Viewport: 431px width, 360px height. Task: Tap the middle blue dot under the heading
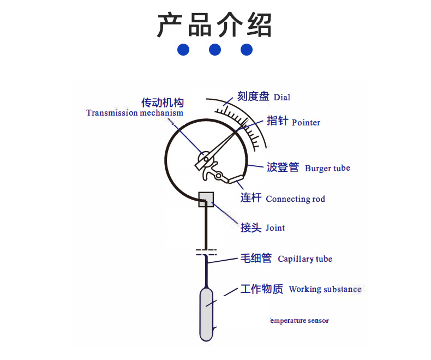click(215, 50)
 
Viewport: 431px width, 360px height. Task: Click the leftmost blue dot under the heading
click(183, 50)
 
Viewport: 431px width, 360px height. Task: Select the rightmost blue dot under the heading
click(247, 50)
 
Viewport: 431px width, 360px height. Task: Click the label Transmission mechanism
click(135, 113)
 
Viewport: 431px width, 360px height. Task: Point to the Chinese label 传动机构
click(163, 103)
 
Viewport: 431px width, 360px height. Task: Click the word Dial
click(282, 98)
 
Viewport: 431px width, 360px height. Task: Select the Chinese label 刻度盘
click(253, 97)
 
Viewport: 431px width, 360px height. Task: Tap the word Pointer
click(306, 122)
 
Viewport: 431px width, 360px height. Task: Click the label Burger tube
click(327, 168)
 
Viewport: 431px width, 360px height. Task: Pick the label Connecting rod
click(295, 199)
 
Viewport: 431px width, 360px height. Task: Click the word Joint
click(275, 228)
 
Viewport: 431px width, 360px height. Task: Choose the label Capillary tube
click(305, 259)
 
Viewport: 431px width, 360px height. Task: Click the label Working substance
click(325, 289)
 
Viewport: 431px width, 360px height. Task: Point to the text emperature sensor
click(300, 321)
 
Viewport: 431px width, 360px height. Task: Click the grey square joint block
click(206, 199)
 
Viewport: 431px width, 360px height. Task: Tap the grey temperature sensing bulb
click(206, 314)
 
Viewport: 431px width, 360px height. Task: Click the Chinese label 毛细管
click(256, 259)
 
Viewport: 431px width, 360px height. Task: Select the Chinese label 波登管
click(283, 167)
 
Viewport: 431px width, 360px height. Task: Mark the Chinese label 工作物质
click(262, 289)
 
